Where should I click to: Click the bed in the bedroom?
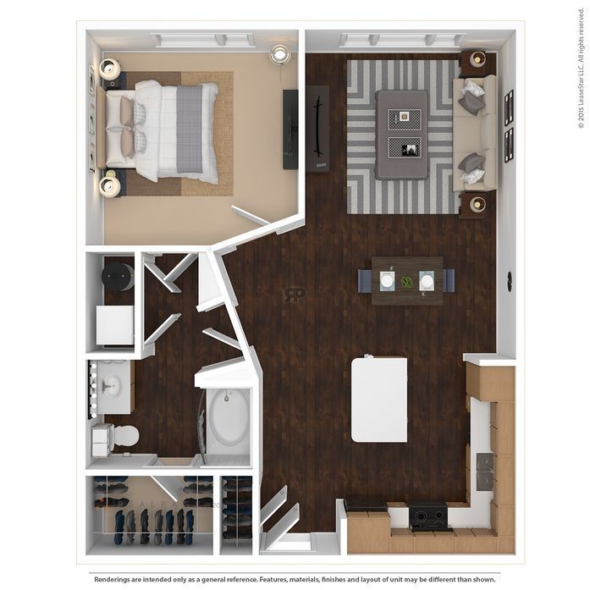click(169, 131)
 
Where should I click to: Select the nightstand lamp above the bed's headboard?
click(110, 69)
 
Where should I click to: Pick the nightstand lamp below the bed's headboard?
click(110, 185)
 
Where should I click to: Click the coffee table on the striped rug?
click(403, 134)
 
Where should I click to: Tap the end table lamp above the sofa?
click(477, 59)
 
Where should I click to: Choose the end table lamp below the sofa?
click(477, 204)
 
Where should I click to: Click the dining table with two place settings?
click(406, 280)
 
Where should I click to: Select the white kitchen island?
click(378, 399)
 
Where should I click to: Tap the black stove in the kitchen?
click(429, 516)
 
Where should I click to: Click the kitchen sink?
click(486, 472)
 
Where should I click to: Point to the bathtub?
click(228, 420)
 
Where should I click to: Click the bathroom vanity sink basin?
click(110, 387)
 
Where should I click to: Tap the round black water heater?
click(116, 275)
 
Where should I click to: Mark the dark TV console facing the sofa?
click(318, 129)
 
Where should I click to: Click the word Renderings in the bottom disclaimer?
click(118, 579)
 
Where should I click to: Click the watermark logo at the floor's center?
click(295, 294)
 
